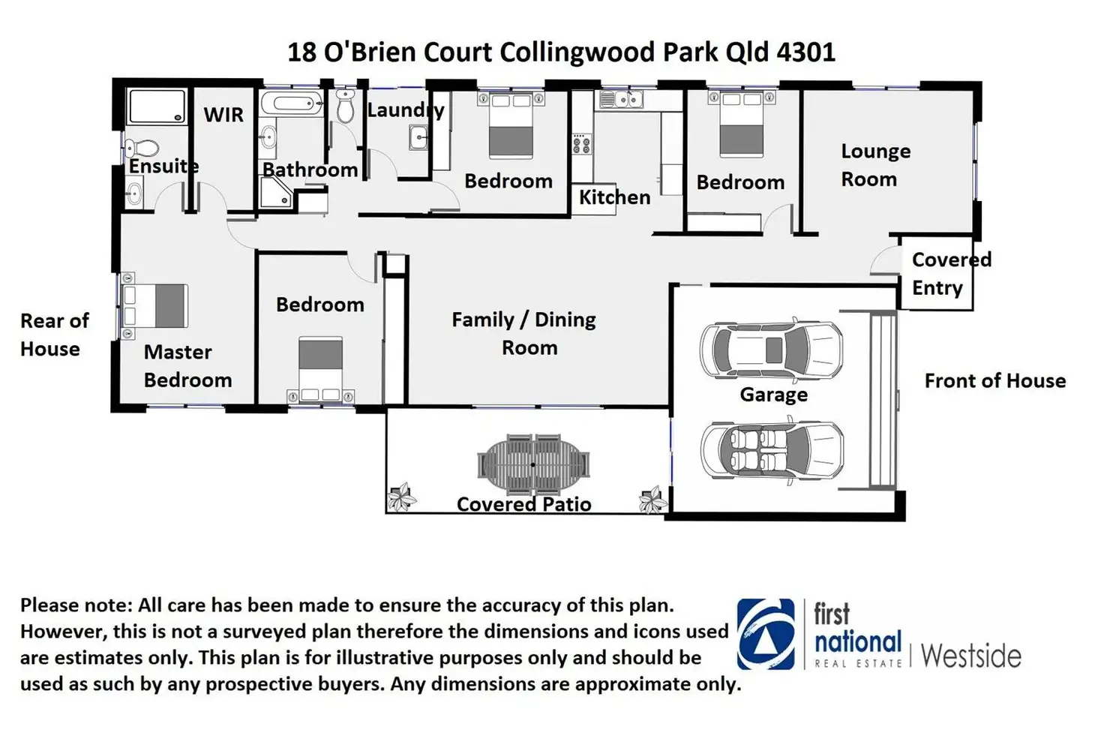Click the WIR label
click(223, 115)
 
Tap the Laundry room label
click(406, 110)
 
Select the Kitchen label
click(614, 197)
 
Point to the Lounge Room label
click(874, 165)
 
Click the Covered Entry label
click(951, 274)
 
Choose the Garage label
click(773, 395)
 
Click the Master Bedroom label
click(187, 366)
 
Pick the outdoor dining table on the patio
click(533, 464)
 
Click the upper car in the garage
click(771, 350)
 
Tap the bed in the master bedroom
click(155, 306)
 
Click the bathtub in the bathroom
click(292, 104)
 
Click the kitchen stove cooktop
click(581, 143)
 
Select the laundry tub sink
click(418, 138)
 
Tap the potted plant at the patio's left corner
click(401, 497)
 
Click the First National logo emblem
click(765, 634)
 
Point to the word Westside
click(970, 656)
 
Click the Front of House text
click(994, 381)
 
